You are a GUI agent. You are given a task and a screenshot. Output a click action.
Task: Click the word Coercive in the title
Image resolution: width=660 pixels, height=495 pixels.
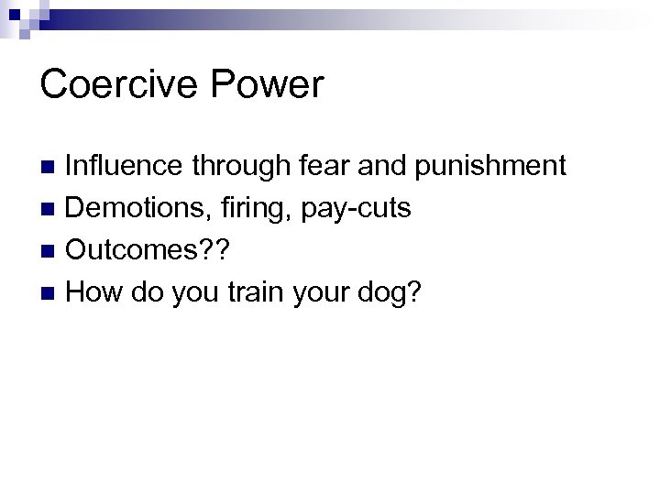coord(121,84)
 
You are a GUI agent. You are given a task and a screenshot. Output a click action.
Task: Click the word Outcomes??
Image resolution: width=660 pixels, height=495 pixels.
coord(147,250)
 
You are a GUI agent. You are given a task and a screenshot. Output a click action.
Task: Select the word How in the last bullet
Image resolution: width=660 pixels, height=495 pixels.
coord(96,292)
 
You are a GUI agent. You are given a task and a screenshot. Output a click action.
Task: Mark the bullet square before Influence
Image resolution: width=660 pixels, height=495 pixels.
coord(50,168)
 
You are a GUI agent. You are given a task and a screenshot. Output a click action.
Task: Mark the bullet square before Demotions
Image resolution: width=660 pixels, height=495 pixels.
coord(50,210)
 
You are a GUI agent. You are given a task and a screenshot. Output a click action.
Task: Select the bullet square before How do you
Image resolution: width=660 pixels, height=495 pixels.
coord(50,294)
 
